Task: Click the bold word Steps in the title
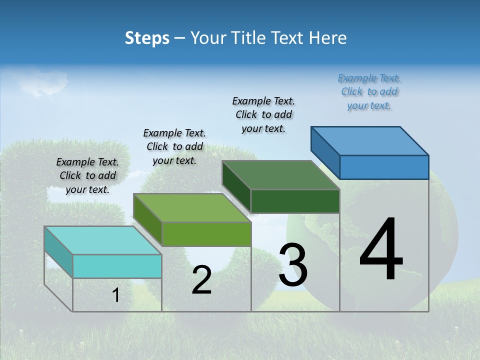(x=147, y=38)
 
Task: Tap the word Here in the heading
(x=327, y=38)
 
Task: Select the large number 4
(x=381, y=250)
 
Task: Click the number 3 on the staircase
(x=293, y=265)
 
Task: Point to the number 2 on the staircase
(x=201, y=280)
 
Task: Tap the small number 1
(x=116, y=295)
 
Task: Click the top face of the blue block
(x=370, y=140)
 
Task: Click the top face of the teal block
(x=103, y=240)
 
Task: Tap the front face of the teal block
(x=117, y=266)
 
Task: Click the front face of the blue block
(x=384, y=167)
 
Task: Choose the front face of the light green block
(x=206, y=234)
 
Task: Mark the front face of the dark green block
(x=295, y=201)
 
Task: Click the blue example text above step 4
(x=369, y=92)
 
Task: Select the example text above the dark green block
(x=263, y=114)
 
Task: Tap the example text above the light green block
(x=174, y=146)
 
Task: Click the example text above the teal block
(x=87, y=175)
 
